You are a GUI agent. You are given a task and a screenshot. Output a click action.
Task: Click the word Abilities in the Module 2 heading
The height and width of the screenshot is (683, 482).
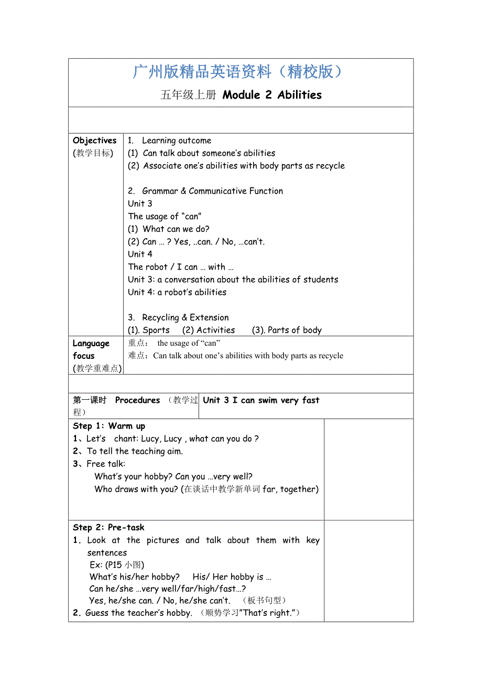pos(300,95)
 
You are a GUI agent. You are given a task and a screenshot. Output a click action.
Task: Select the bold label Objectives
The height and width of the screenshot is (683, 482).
pos(95,141)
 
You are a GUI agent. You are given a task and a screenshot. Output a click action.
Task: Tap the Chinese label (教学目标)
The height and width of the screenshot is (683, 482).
pos(93,153)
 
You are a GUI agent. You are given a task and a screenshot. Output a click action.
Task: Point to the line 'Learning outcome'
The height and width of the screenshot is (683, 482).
pos(177,141)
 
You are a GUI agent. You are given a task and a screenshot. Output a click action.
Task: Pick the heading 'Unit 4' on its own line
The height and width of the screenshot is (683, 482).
pos(140,254)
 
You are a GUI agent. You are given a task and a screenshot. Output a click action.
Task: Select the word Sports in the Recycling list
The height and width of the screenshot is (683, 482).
pos(156,330)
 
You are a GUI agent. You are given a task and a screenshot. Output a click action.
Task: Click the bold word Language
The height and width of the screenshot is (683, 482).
pos(91,344)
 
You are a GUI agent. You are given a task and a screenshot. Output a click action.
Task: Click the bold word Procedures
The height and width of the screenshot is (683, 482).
pos(137,400)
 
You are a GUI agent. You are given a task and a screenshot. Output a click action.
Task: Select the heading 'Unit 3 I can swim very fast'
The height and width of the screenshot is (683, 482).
pos(261,400)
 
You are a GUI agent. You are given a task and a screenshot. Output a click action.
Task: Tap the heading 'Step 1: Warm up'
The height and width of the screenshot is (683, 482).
pos(109,426)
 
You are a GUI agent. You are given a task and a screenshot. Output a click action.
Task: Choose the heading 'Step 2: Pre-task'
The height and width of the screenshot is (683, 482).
pos(108,527)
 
